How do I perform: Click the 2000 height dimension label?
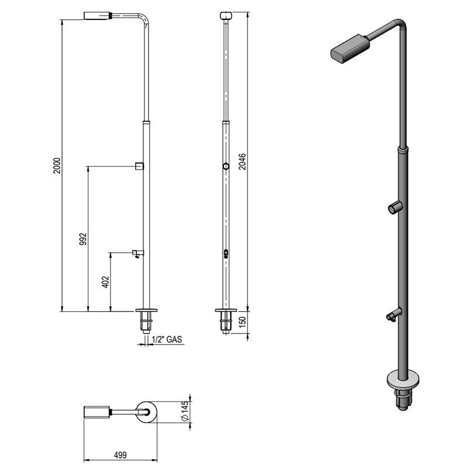click(x=57, y=166)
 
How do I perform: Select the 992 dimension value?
click(x=82, y=239)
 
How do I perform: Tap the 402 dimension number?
click(x=106, y=282)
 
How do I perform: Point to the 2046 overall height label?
click(x=242, y=161)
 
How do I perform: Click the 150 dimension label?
click(x=242, y=322)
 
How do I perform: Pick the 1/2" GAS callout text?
click(x=167, y=339)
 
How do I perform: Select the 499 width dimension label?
click(x=121, y=455)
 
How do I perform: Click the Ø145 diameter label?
click(x=185, y=411)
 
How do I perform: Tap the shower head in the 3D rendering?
click(x=350, y=49)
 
